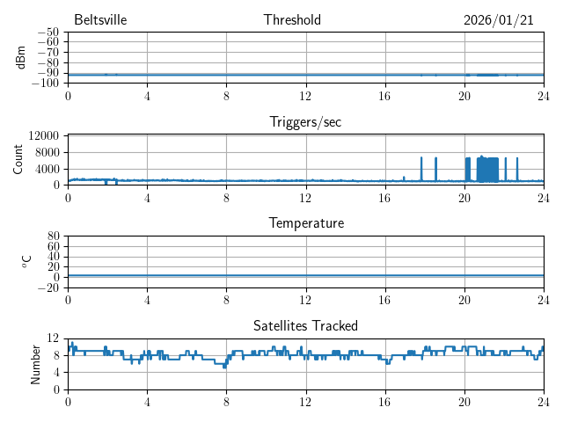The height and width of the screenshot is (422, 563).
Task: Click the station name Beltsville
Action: (x=101, y=20)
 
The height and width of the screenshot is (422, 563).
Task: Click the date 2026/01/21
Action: (x=499, y=20)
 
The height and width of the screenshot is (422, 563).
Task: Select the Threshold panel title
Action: (x=292, y=20)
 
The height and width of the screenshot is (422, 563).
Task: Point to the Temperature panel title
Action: (x=305, y=223)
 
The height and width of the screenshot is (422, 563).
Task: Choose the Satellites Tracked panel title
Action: (x=305, y=326)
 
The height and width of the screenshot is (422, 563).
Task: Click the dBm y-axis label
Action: (x=21, y=58)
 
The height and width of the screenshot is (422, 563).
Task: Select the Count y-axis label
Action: (x=18, y=159)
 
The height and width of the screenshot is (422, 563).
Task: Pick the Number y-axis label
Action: (x=36, y=363)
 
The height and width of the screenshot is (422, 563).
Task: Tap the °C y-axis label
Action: (x=27, y=261)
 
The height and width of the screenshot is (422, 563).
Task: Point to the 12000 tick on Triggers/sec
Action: (x=44, y=135)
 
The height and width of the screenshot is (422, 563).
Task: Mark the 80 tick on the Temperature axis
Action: (x=53, y=236)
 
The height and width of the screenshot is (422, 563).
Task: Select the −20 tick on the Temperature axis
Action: (x=49, y=287)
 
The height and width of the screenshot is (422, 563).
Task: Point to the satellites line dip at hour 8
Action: (x=225, y=366)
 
